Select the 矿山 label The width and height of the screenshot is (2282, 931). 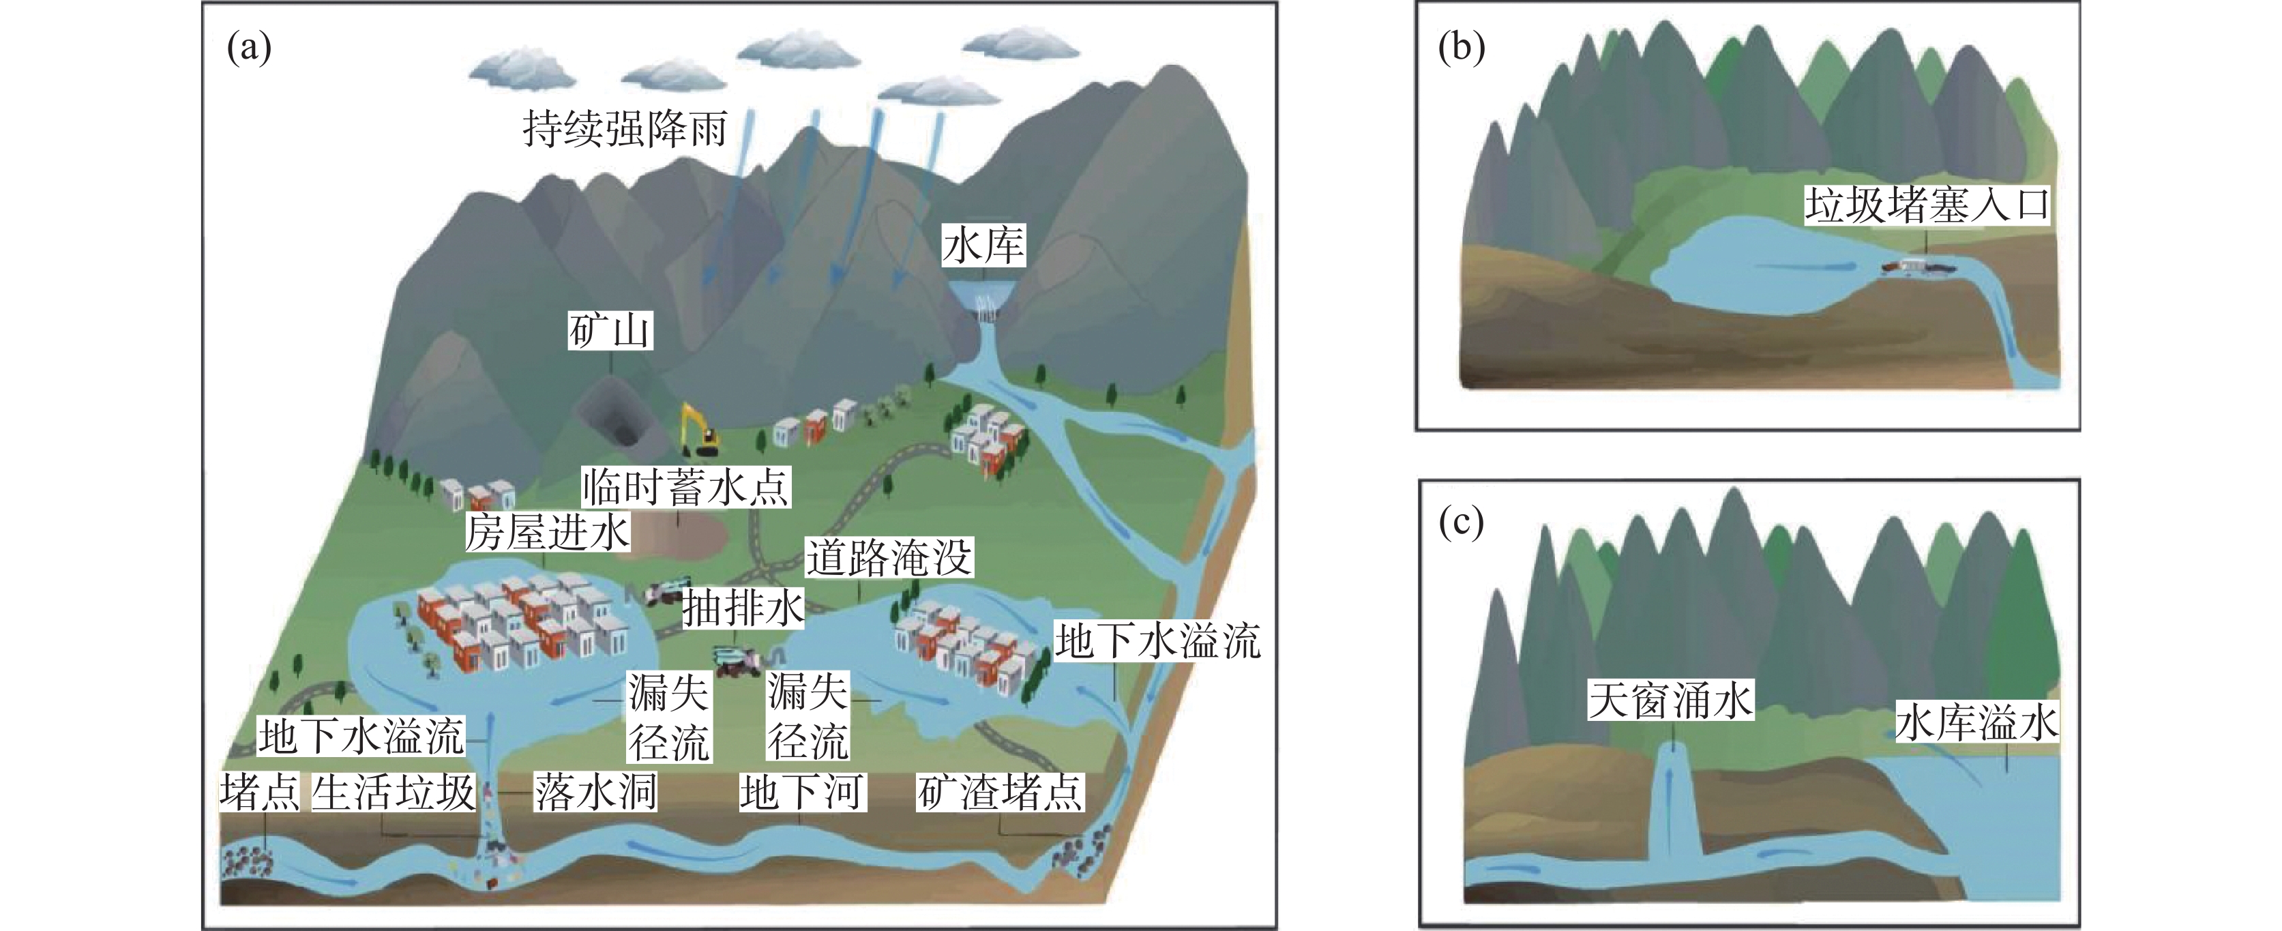(x=610, y=330)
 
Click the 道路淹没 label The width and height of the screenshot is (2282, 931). (x=889, y=557)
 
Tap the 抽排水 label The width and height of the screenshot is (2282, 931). (x=742, y=608)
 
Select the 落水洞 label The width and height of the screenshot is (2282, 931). (x=595, y=791)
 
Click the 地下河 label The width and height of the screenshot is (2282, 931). (x=803, y=791)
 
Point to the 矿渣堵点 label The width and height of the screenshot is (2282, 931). (x=1000, y=791)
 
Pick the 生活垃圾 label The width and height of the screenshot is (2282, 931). (x=394, y=791)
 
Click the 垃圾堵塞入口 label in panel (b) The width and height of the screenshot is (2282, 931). (x=1927, y=205)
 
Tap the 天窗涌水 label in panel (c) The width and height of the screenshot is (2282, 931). (x=1671, y=700)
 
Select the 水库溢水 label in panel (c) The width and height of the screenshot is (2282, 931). (x=1977, y=722)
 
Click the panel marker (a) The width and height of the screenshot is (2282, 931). (x=249, y=47)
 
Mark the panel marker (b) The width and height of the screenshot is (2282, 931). (x=1462, y=47)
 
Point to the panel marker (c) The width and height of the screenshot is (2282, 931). (x=1461, y=522)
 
